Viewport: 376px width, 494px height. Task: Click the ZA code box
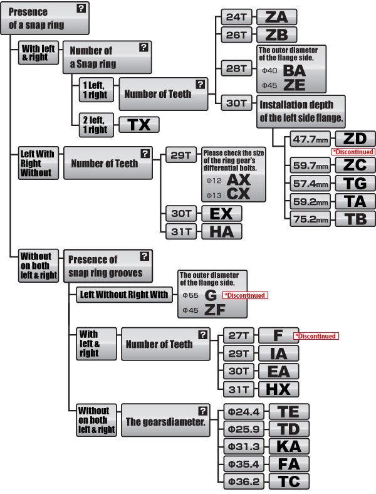pyautogui.click(x=276, y=17)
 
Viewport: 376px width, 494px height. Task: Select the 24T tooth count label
pyautogui.click(x=236, y=17)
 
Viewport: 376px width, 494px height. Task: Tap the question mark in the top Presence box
pyautogui.click(x=81, y=8)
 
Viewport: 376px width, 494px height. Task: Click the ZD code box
pyautogui.click(x=355, y=139)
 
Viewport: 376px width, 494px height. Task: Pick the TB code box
pyautogui.click(x=355, y=219)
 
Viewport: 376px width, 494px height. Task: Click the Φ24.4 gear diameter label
pyautogui.click(x=245, y=412)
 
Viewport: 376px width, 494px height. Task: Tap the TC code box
pyautogui.click(x=288, y=481)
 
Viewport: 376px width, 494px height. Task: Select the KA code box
pyautogui.click(x=288, y=447)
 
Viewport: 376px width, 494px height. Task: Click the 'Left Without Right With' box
pyautogui.click(x=123, y=295)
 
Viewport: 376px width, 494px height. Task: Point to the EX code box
pyautogui.click(x=221, y=214)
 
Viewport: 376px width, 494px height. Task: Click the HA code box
pyautogui.click(x=221, y=231)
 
